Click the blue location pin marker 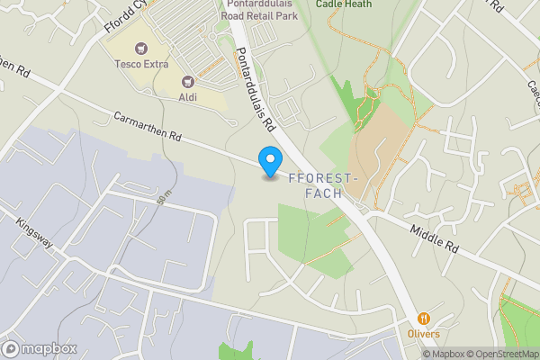tap(269, 161)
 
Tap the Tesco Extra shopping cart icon tap(139, 49)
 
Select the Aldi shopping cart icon tap(189, 82)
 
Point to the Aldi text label tap(189, 97)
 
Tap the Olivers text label tap(423, 334)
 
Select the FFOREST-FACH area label tap(328, 185)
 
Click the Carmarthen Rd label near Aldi tap(148, 128)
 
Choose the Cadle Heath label tap(344, 4)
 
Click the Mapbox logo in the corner tap(39, 348)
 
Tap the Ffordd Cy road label tap(121, 18)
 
